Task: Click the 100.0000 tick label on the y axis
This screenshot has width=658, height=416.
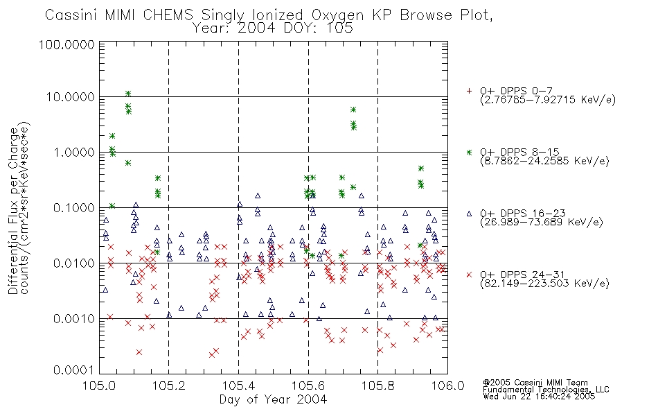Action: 66,44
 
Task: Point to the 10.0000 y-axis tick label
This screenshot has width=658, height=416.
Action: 70,97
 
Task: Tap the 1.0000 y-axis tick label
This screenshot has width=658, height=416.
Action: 74,152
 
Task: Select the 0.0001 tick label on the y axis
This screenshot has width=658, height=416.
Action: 74,370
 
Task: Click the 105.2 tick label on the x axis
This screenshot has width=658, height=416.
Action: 168,385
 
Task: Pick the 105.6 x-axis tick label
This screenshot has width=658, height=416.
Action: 308,385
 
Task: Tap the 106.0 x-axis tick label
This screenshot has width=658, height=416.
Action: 447,385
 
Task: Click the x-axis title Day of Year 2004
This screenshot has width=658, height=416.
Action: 273,399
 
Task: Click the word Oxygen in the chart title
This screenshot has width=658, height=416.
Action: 337,15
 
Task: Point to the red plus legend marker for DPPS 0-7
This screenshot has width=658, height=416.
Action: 469,91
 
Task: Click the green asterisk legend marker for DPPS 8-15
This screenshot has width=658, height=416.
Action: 469,152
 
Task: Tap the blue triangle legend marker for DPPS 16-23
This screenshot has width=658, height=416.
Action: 469,214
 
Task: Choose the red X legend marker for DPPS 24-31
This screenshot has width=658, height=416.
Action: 469,275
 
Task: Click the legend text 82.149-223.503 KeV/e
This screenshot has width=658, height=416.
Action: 544,283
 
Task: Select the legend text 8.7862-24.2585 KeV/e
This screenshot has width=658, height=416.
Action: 544,161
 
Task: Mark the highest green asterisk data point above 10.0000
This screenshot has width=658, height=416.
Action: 128,94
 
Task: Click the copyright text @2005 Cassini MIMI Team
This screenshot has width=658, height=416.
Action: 535,383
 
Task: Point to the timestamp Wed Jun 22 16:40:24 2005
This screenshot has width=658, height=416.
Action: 539,397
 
